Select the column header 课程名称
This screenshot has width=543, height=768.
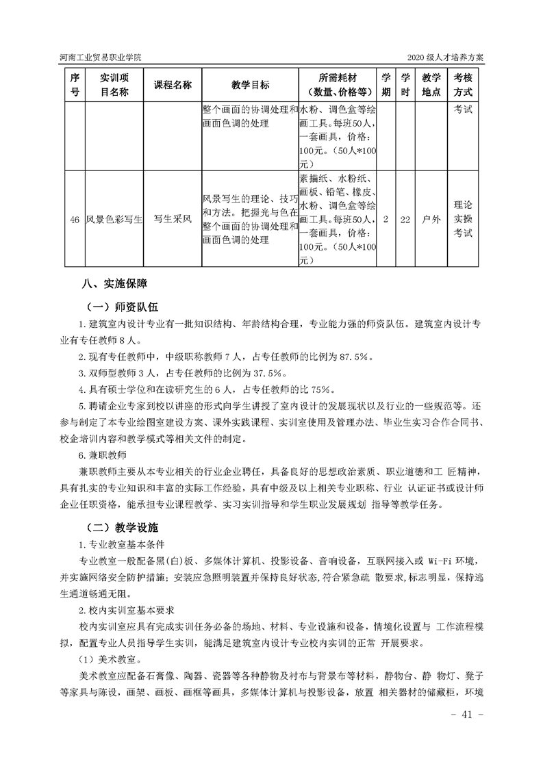coord(172,85)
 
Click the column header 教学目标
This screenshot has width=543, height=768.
coord(250,85)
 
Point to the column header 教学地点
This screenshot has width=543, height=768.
coord(431,85)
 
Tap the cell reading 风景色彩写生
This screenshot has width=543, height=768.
coord(114,220)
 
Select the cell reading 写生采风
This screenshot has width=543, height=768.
coord(172,220)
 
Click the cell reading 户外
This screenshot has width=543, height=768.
coord(431,220)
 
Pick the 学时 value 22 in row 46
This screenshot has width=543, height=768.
coord(405,220)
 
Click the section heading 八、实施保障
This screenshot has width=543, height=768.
coord(114,283)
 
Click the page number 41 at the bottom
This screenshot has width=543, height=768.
coord(467,713)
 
